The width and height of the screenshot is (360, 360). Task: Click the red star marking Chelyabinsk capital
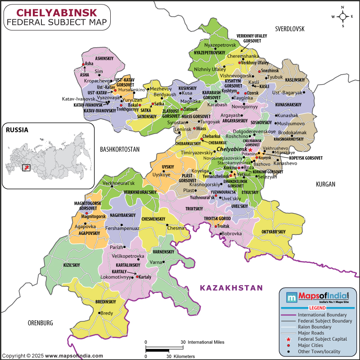pyautogui.click(x=250, y=149)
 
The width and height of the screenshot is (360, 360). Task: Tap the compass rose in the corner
pyautogui.click(x=342, y=17)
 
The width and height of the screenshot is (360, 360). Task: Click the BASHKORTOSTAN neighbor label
pyautogui.click(x=120, y=149)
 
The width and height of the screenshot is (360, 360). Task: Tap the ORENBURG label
pyautogui.click(x=40, y=323)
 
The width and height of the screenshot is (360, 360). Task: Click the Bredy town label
pyautogui.click(x=107, y=313)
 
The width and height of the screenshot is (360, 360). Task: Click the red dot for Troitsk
pyautogui.click(x=216, y=226)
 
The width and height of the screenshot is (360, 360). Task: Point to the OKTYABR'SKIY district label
pyautogui.click(x=274, y=232)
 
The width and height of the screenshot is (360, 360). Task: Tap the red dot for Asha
pyautogui.click(x=83, y=64)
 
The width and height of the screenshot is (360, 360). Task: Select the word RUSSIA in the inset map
pyautogui.click(x=17, y=130)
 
